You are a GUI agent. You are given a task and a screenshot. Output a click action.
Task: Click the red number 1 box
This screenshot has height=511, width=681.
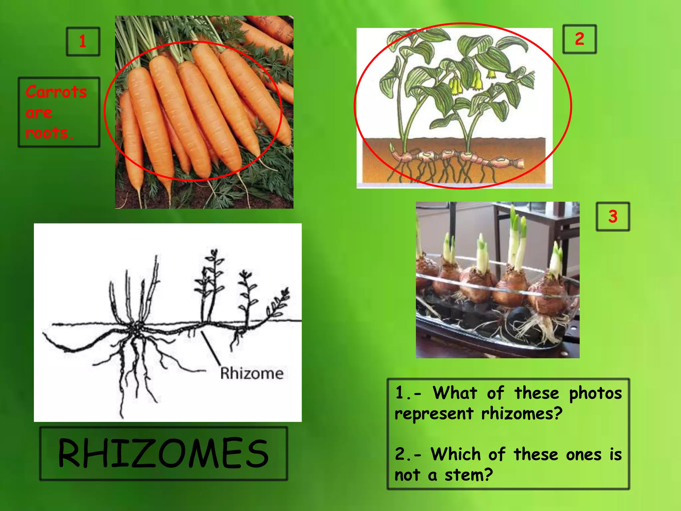pos(83,42)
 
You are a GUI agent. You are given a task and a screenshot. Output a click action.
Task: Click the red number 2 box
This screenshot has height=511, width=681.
pos(579,39)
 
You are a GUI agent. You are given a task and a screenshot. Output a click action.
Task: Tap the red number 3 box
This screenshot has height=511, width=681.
pos(613,216)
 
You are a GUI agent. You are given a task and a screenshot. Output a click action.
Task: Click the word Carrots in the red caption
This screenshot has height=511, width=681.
pos(56,92)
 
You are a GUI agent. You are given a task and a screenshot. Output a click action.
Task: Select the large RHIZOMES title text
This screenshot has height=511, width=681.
pos(163,453)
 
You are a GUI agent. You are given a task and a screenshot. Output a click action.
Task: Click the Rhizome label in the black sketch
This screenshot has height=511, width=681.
pos(252,373)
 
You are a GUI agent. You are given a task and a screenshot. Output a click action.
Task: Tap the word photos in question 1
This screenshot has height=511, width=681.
pos(595,393)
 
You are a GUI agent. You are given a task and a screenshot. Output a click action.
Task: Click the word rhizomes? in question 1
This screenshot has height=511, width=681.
pos(522,414)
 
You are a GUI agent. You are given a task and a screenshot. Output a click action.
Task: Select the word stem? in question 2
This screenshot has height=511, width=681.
pos(469,475)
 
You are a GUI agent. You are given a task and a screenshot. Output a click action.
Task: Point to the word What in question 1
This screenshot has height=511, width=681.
pos(455,393)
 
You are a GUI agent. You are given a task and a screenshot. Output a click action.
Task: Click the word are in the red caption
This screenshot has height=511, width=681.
pos(39,113)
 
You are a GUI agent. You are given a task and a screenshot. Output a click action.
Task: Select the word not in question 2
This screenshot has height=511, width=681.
pos(408,475)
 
